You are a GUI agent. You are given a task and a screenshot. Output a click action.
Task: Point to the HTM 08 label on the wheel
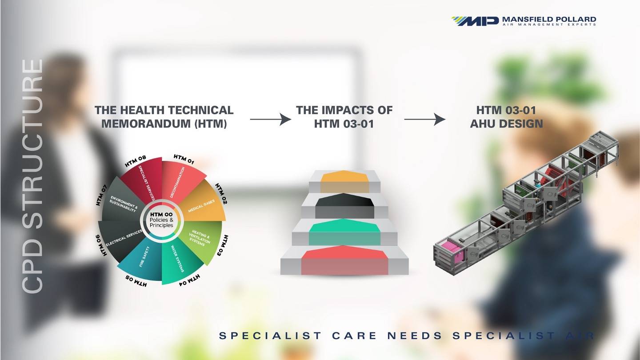point(136,161)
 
